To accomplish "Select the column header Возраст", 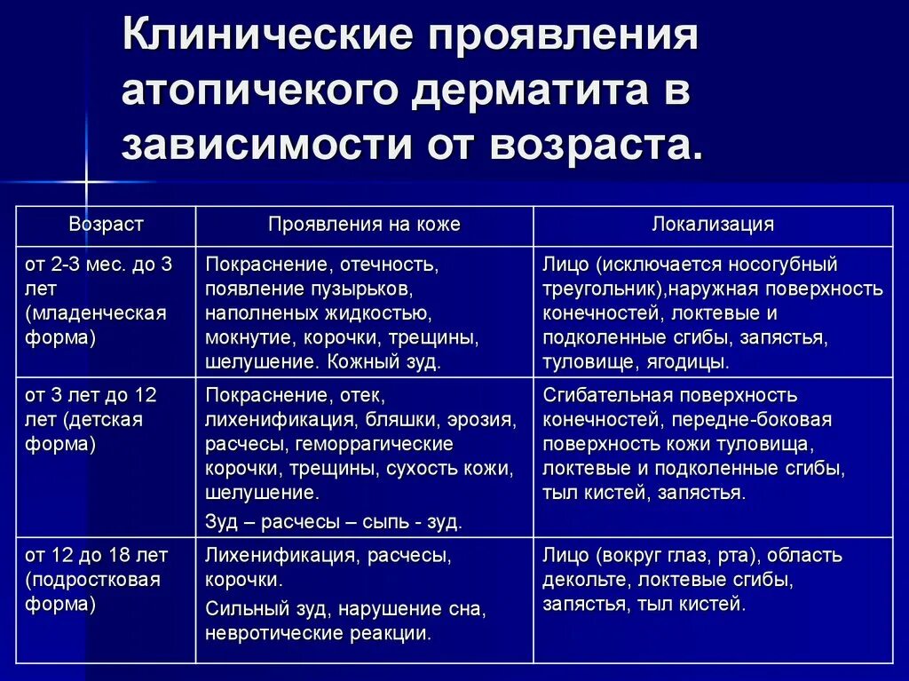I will coord(106,225).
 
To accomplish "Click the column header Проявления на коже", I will coord(364,225).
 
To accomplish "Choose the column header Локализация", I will coord(713,225).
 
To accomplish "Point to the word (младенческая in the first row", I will coord(96,313).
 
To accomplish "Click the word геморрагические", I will coord(375,444).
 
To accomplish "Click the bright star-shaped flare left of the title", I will coord(86,182).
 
